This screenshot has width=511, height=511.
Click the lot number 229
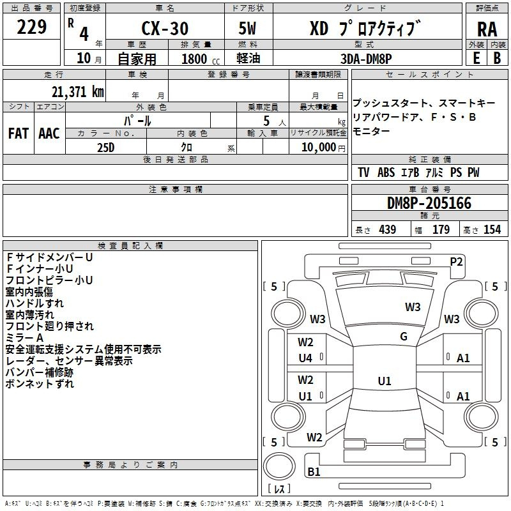pos(31,27)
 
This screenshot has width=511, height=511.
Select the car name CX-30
pos(165,28)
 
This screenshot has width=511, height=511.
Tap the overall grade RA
pos(487,29)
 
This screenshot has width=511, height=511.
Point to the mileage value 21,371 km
pos(77,91)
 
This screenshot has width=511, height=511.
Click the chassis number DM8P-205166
pos(429,203)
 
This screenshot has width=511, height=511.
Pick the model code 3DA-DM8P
pos(366,59)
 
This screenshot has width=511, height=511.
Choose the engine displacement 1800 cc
pos(201,59)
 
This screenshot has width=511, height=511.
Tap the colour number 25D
pos(106,148)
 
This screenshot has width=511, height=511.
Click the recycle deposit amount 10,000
pos(319,147)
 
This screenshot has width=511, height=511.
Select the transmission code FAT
pos(19,133)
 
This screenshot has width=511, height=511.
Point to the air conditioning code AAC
pos(49,133)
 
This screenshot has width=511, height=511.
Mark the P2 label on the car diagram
pos(456,262)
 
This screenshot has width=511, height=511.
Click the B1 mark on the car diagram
pos(314,471)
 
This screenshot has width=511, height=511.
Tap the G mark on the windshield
pos(404,337)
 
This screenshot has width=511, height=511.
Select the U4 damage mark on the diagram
pos(305,358)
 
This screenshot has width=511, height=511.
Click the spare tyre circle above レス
pos(279,466)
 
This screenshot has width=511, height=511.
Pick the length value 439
pos(388,229)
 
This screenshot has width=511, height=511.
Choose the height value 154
pos(492,229)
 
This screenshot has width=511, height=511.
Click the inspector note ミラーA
pos(24,338)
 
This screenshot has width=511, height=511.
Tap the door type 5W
pos(247,28)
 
